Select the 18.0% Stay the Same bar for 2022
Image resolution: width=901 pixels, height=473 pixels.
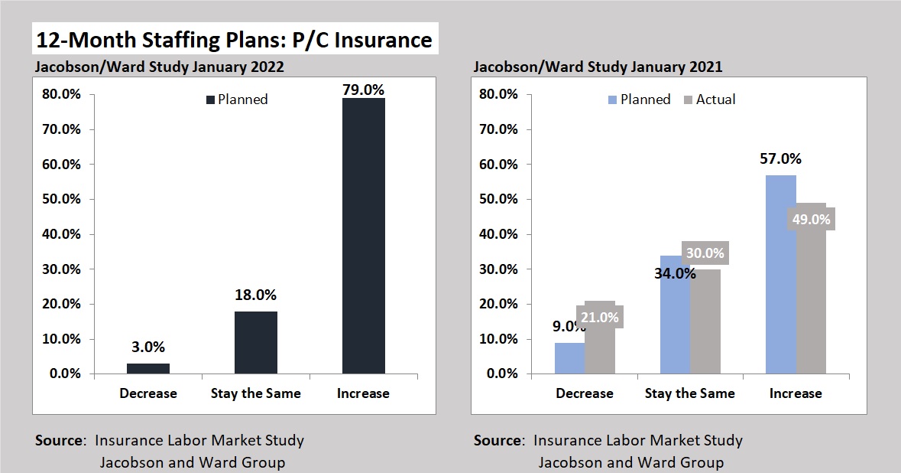tap(255, 342)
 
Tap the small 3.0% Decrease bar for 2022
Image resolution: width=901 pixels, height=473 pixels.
tap(148, 368)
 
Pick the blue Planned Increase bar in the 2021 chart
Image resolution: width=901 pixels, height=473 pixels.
tap(780, 276)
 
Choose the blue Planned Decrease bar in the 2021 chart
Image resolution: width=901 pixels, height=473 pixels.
tap(569, 358)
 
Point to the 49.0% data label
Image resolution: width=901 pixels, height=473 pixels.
tap(809, 218)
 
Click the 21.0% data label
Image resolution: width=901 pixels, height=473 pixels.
tap(600, 316)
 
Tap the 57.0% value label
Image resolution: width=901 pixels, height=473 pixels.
tap(779, 159)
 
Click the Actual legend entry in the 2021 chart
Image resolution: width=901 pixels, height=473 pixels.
tap(715, 99)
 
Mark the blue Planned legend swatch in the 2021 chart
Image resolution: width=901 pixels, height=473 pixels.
tap(612, 99)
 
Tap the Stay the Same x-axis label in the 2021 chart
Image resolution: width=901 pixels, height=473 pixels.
tap(689, 393)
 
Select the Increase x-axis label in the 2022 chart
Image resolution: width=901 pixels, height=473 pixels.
tap(363, 393)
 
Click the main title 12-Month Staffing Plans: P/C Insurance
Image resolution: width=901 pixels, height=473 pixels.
tap(234, 39)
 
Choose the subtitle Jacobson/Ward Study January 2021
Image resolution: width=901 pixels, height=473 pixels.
tap(598, 67)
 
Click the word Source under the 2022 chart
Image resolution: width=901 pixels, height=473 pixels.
tap(60, 441)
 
